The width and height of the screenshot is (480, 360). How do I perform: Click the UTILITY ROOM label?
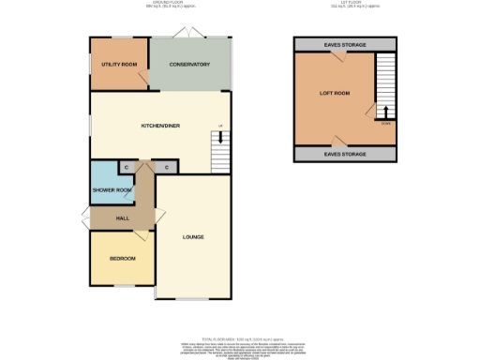[x=119, y=64]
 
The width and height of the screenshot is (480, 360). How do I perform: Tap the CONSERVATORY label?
[x=189, y=64]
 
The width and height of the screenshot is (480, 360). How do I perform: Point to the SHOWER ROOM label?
[x=110, y=190]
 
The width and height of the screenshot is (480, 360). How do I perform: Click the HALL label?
[x=122, y=217]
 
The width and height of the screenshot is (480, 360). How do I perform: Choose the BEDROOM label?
[x=122, y=258]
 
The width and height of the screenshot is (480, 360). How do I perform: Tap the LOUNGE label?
[x=194, y=236]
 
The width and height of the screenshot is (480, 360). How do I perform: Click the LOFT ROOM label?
[x=334, y=93]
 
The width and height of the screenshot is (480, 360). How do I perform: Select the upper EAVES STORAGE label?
[x=345, y=45]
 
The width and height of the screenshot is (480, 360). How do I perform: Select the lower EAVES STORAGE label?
[x=345, y=154]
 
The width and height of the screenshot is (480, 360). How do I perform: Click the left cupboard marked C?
[x=126, y=167]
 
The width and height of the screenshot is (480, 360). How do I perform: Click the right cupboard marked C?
[x=166, y=167]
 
